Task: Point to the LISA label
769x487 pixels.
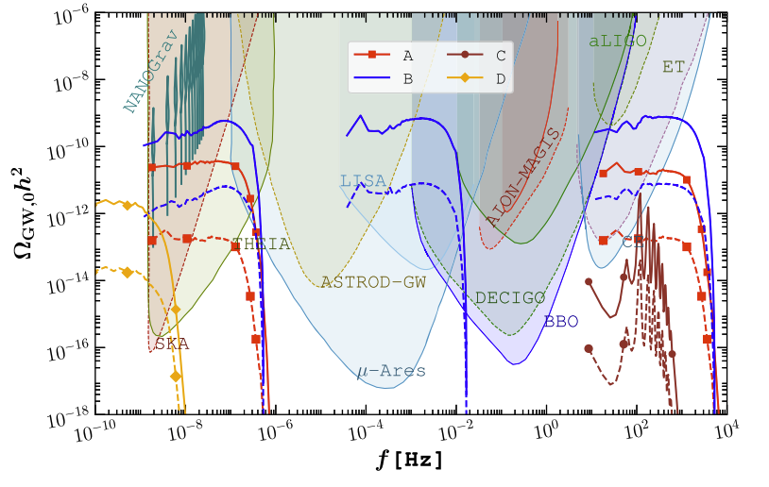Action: tap(363, 180)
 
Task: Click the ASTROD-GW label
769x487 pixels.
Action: tap(373, 281)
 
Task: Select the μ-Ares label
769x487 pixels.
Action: tap(391, 370)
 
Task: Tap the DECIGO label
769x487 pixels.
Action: tap(510, 297)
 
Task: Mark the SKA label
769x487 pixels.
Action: tap(173, 344)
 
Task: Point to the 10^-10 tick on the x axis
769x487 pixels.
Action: tap(99, 431)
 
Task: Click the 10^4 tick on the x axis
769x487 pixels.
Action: tap(724, 431)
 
